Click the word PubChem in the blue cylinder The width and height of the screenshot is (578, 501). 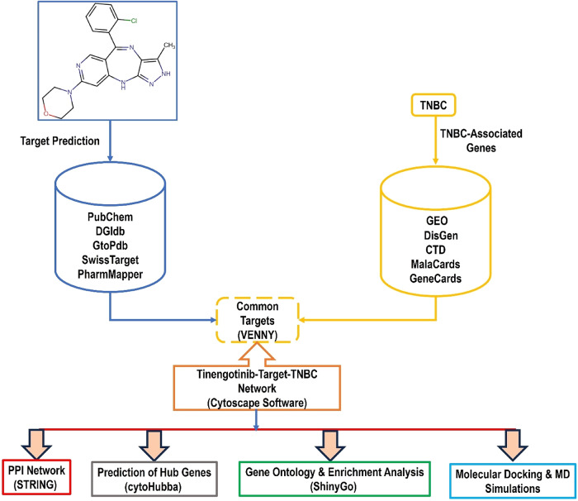(x=110, y=217)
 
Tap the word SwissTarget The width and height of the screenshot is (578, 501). (x=110, y=260)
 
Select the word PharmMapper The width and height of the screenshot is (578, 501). (x=110, y=274)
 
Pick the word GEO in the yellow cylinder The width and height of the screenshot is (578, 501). (x=437, y=221)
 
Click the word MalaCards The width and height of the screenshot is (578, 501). (x=435, y=264)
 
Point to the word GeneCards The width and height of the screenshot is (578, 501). (x=435, y=279)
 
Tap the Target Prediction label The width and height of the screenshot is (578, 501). (x=59, y=141)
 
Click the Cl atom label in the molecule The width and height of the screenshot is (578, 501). (x=134, y=21)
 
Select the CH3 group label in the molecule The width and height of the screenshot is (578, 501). (x=169, y=45)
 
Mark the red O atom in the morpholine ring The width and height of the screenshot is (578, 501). (x=46, y=113)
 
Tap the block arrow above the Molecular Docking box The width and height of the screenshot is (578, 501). (x=513, y=445)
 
